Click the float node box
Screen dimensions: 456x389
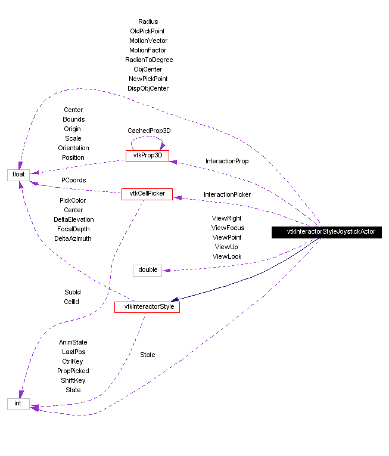coord(18,174)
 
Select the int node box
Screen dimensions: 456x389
coord(18,404)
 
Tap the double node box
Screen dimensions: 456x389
coord(148,270)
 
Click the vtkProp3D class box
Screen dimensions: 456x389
coord(147,156)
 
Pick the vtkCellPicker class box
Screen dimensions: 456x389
coord(147,194)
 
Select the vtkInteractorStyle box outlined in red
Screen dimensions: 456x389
coord(147,307)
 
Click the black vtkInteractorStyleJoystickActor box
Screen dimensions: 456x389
coord(331,232)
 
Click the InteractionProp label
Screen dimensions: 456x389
coord(227,161)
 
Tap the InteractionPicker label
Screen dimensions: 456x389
coord(227,194)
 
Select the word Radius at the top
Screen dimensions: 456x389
coord(148,21)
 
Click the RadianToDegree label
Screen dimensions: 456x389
coord(149,60)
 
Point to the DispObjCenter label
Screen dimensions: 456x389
coord(148,88)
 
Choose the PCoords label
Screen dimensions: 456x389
coord(73,180)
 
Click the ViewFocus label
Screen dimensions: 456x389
coord(228,228)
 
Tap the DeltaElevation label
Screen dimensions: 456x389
coord(73,219)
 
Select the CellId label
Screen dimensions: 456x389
coord(71,302)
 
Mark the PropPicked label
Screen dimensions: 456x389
coord(73,371)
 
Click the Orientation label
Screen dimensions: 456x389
coord(73,148)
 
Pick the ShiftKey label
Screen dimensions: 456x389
coord(73,380)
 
